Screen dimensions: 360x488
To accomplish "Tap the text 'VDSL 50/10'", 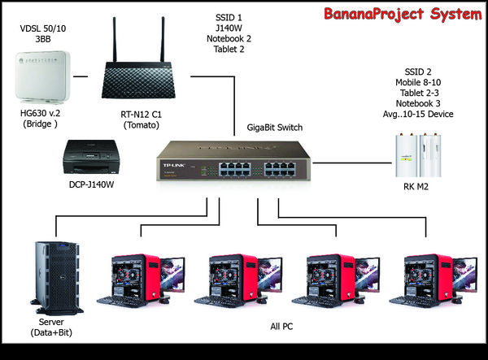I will pyautogui.click(x=41, y=30).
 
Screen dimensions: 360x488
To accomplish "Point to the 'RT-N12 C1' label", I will pyautogui.click(x=142, y=114).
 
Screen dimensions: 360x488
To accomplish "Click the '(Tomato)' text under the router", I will pyautogui.click(x=142, y=125).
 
